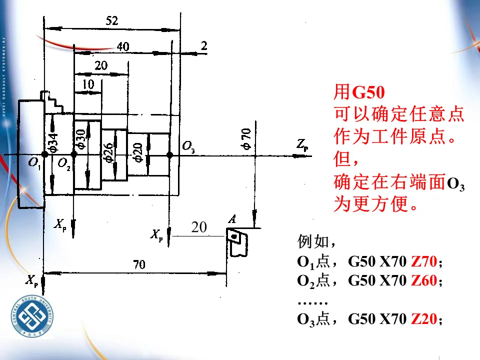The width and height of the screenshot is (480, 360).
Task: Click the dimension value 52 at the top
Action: (x=111, y=20)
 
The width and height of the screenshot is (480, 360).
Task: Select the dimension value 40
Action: (x=122, y=46)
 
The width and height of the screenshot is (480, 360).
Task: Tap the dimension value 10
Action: (x=88, y=84)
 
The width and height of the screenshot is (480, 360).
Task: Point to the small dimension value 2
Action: (x=203, y=46)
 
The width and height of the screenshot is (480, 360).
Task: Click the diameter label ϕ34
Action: (x=53, y=142)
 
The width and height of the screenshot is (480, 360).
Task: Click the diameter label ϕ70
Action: (x=245, y=138)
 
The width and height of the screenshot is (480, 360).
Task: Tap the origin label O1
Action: (x=34, y=163)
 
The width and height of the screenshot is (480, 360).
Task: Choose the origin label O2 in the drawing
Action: (x=63, y=163)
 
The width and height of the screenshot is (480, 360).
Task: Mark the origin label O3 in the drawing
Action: (x=188, y=147)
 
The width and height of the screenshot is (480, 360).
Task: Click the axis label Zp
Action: (x=302, y=146)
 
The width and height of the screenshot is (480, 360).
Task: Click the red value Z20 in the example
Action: (x=423, y=319)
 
